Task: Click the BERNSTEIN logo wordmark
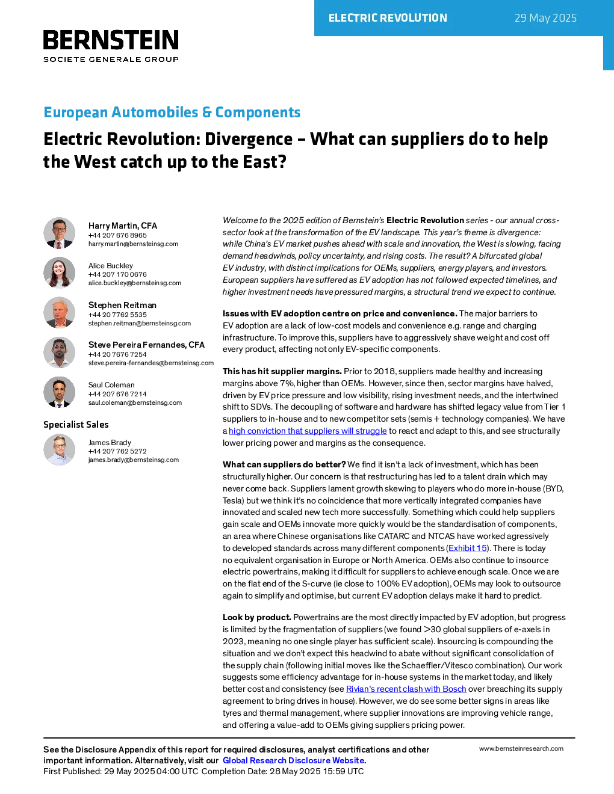pos(111,40)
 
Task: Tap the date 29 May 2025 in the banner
pos(545,18)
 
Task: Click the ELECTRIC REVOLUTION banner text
pos(388,18)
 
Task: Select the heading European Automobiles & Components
pos(172,112)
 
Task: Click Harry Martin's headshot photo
pos(59,233)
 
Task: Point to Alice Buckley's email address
pos(135,283)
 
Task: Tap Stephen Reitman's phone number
pos(117,314)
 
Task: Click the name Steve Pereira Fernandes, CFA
pos(146,345)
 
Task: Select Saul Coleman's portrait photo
pos(59,392)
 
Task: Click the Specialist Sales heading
pos(76,424)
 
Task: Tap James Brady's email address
pos(134,460)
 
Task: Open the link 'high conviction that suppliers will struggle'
pos(308,431)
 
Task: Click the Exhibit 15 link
pos(467,548)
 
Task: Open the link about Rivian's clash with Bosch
pos(406,689)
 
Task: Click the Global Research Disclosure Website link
pos(294,760)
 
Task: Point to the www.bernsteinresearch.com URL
pos(521,748)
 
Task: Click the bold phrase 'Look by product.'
pos(256,617)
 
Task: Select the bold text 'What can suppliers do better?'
pos(284,464)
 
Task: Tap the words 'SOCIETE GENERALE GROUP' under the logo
pos(111,59)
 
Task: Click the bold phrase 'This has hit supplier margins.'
pos(282,371)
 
